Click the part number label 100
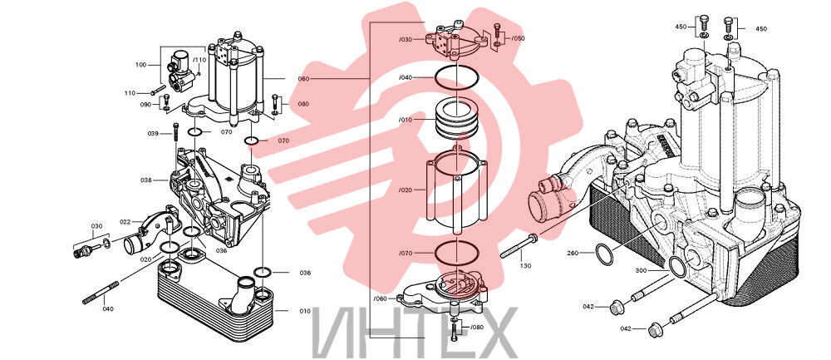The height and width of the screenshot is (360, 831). (x=140, y=65)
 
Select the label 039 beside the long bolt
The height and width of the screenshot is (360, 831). (x=153, y=133)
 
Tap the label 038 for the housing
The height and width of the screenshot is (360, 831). (x=146, y=180)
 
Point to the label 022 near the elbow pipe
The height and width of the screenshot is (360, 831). (x=125, y=222)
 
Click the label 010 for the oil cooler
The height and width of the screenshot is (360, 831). (x=305, y=311)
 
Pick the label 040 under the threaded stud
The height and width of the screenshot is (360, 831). (x=107, y=308)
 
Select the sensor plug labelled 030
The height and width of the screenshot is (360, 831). (x=83, y=249)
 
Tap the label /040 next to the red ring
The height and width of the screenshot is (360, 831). (x=406, y=78)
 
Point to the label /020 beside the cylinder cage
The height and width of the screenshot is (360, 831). (x=406, y=189)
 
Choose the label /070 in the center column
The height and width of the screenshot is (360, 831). (x=406, y=253)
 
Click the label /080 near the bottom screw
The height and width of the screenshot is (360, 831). (x=477, y=327)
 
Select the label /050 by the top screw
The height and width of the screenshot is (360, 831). (x=518, y=38)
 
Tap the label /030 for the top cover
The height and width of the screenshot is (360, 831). (x=406, y=40)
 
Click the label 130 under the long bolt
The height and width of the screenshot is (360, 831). (x=524, y=265)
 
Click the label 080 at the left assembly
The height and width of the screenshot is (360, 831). (x=303, y=104)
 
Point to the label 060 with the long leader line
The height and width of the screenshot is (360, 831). (x=303, y=78)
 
